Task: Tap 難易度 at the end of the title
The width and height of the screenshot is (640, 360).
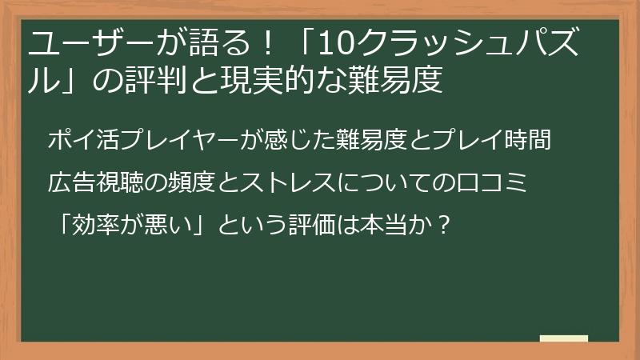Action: tap(396, 81)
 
